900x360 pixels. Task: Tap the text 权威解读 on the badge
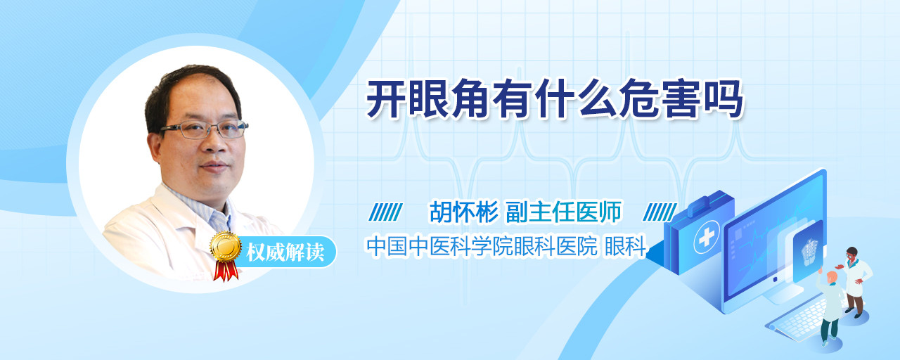pyautogui.click(x=285, y=252)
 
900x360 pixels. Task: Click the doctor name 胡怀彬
pyautogui.click(x=464, y=212)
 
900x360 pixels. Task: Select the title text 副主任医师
pyautogui.click(x=564, y=212)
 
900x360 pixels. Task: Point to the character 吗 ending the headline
pyautogui.click(x=724, y=99)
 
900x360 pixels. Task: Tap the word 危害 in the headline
pyautogui.click(x=660, y=99)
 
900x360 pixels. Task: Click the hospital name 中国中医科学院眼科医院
pyautogui.click(x=482, y=246)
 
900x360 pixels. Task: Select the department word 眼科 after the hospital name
pyautogui.click(x=626, y=246)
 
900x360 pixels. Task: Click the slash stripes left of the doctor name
pyautogui.click(x=386, y=212)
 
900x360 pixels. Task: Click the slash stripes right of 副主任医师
pyautogui.click(x=660, y=212)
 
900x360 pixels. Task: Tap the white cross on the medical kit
pyautogui.click(x=706, y=238)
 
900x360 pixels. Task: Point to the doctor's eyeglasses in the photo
pyautogui.click(x=204, y=129)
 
